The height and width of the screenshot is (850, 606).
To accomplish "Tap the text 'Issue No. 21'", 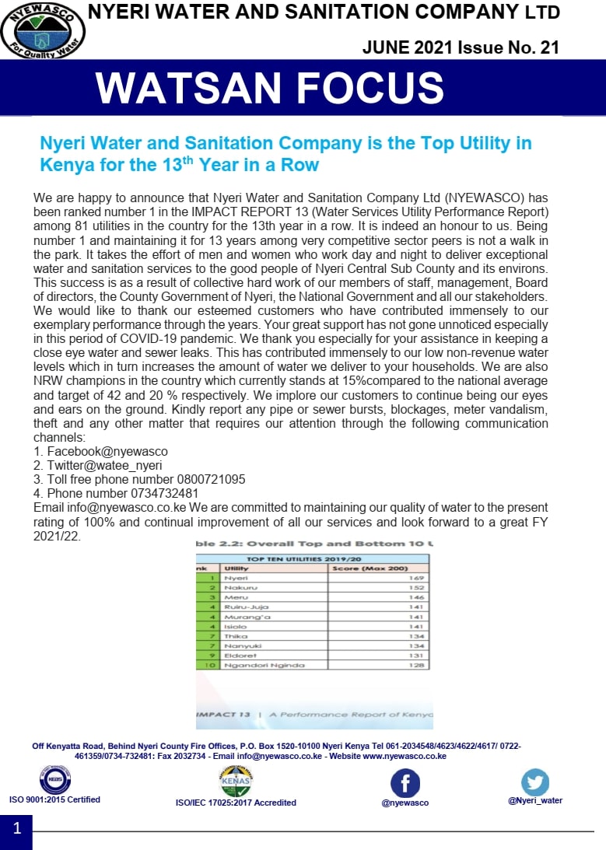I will [x=507, y=47].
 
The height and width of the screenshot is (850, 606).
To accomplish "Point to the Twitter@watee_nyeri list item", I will [x=104, y=465].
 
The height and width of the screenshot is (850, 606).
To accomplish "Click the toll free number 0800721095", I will [x=208, y=479].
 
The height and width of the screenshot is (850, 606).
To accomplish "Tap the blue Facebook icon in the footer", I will [x=405, y=783].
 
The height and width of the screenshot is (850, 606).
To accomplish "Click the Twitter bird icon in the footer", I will [x=535, y=782].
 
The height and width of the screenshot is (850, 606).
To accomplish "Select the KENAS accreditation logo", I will [x=236, y=781].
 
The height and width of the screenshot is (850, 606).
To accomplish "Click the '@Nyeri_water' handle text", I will [x=535, y=800].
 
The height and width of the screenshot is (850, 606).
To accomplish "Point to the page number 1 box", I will [x=16, y=829].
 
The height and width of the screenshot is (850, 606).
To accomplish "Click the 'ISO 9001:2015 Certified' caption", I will [x=54, y=799].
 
